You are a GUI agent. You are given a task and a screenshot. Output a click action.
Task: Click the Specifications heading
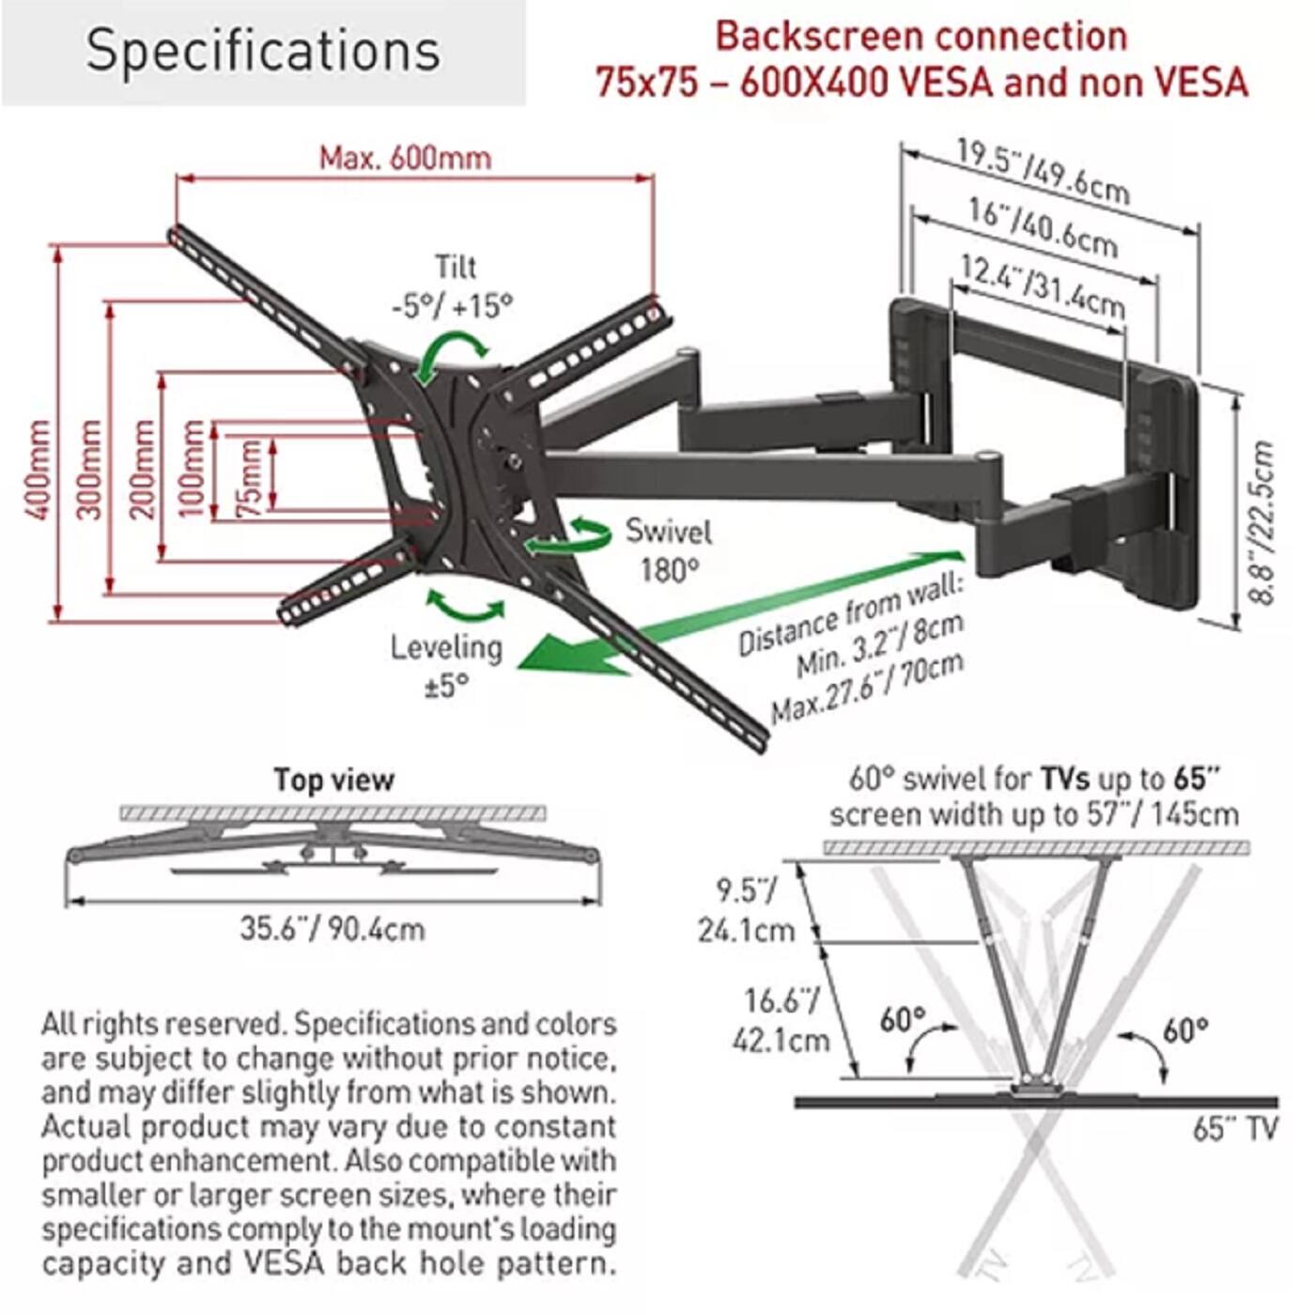coord(263,51)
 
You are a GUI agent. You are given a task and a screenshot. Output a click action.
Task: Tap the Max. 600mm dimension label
coord(405,157)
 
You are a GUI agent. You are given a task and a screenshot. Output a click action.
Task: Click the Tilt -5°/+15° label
coord(454,286)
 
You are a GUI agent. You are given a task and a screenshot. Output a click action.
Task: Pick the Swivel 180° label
coord(669,550)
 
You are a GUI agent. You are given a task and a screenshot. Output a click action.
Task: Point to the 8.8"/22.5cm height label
coord(1263,522)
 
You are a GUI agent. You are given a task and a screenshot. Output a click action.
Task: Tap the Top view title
coord(333,780)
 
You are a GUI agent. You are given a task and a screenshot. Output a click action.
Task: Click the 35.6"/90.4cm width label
coord(332,929)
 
